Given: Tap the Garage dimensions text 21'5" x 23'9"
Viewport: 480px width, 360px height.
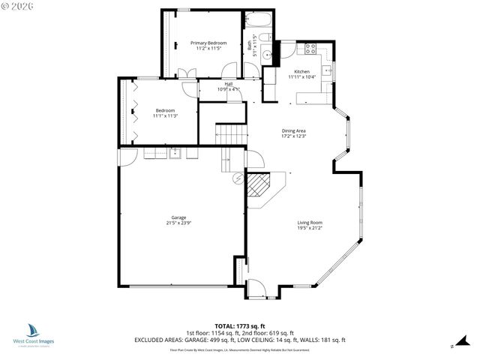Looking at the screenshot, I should pos(178,223).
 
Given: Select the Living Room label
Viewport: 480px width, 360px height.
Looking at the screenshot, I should pos(310,222).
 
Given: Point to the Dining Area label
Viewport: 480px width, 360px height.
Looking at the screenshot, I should pos(293,130).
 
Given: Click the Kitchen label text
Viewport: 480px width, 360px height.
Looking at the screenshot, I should pos(301,72).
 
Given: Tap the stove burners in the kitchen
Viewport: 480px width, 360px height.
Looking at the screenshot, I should pos(308,49).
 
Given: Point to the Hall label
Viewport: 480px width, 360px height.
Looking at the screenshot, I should pos(228,84).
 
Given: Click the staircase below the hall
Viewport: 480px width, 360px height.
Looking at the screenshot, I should pos(230,135).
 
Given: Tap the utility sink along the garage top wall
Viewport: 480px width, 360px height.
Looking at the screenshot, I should pos(176,154).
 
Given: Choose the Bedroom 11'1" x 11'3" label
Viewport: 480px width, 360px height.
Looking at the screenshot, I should pos(165,113).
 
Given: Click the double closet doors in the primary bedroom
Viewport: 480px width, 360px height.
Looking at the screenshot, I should pos(186,73).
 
